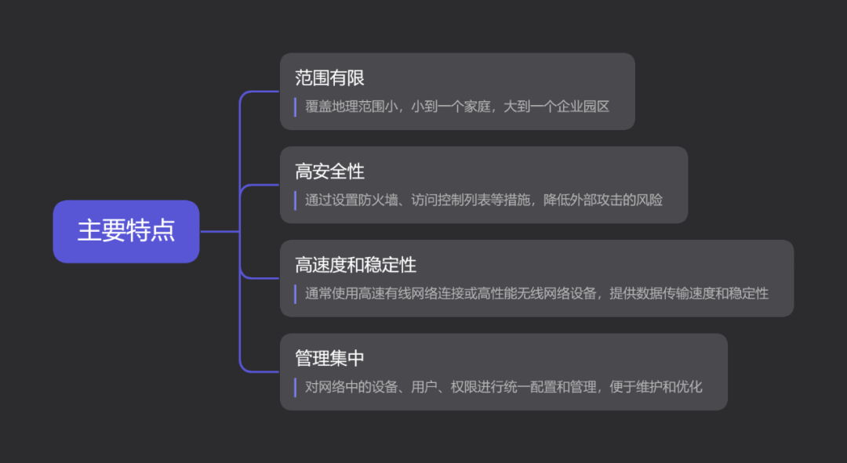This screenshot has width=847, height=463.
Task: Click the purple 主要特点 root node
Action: coord(126,231)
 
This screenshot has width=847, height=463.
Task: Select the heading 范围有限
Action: coord(329,78)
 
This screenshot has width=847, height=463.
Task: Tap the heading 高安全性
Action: coord(329,172)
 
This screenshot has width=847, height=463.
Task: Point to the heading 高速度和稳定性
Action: coord(355,265)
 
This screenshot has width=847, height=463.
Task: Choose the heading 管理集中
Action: coord(329,358)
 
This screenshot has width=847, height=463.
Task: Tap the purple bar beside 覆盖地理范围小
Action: coord(295,107)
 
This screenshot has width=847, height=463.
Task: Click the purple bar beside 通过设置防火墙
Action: coord(295,200)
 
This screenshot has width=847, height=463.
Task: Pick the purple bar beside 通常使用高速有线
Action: coord(295,294)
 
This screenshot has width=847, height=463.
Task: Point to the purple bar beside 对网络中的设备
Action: coord(295,387)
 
